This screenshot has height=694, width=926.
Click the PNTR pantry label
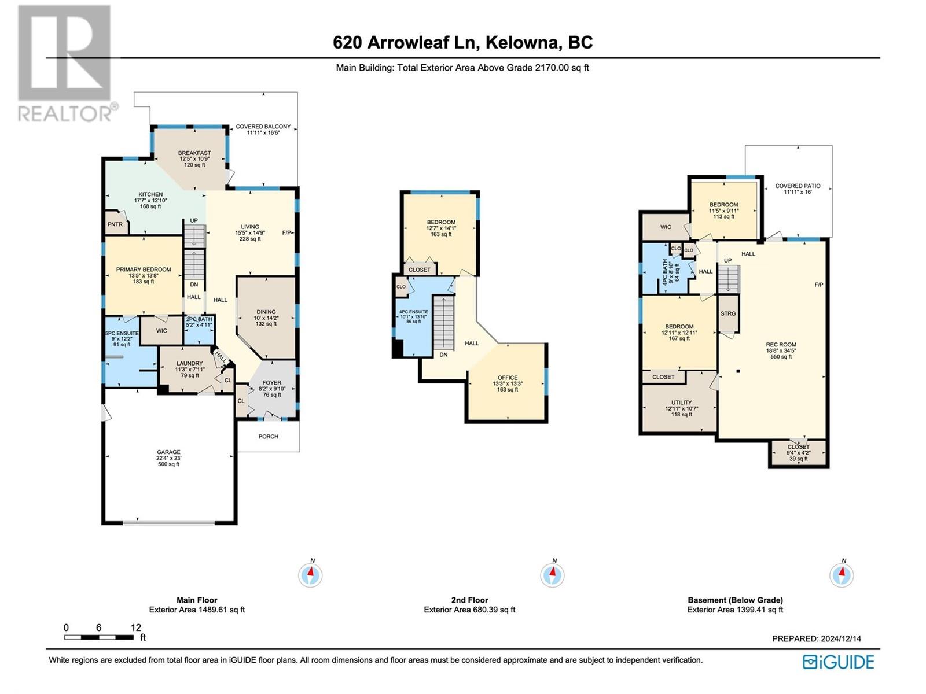click(115, 224)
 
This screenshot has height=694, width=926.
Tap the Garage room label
click(169, 452)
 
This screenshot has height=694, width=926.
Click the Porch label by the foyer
click(269, 437)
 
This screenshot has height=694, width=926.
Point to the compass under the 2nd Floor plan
click(553, 575)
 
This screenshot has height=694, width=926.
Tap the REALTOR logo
click(66, 63)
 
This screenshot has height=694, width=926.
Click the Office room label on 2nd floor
click(508, 378)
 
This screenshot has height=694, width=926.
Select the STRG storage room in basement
click(728, 314)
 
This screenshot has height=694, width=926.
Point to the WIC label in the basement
click(666, 227)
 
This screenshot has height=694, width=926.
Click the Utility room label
click(682, 403)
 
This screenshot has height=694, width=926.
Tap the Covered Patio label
click(798, 186)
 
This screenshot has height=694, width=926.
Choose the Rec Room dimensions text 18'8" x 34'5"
click(781, 350)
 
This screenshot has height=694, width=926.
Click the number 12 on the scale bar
click(136, 627)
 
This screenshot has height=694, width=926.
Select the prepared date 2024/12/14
click(838, 639)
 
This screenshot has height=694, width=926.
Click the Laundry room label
click(190, 363)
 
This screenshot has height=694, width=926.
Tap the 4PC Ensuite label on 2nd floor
click(413, 312)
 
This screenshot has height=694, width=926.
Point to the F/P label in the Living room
click(286, 232)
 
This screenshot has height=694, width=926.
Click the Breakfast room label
click(194, 153)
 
